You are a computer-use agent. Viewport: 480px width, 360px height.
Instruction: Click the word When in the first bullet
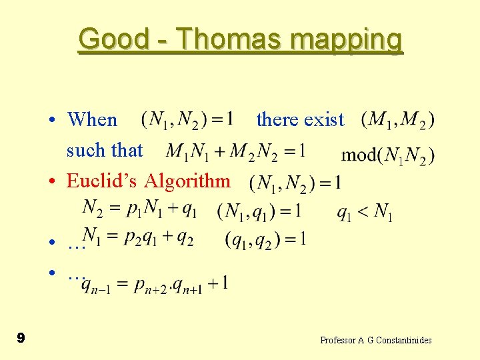click(92, 120)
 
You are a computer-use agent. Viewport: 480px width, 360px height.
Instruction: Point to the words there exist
click(300, 120)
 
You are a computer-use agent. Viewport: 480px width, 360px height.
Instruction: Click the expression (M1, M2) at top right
click(398, 120)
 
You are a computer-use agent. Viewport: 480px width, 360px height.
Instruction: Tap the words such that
click(105, 150)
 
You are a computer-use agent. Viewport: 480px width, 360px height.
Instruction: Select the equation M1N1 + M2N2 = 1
click(235, 152)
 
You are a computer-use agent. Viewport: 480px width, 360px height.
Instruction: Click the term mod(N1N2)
click(388, 156)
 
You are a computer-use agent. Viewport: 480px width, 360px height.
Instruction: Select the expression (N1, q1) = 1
click(259, 211)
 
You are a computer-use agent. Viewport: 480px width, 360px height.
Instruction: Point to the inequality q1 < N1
click(365, 212)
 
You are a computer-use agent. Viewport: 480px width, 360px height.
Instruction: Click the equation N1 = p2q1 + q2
click(138, 237)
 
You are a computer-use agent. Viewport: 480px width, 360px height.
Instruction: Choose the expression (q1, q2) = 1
click(266, 239)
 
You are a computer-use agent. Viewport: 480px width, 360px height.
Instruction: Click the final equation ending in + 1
click(155, 284)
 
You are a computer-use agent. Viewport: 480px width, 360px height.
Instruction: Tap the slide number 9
click(21, 338)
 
